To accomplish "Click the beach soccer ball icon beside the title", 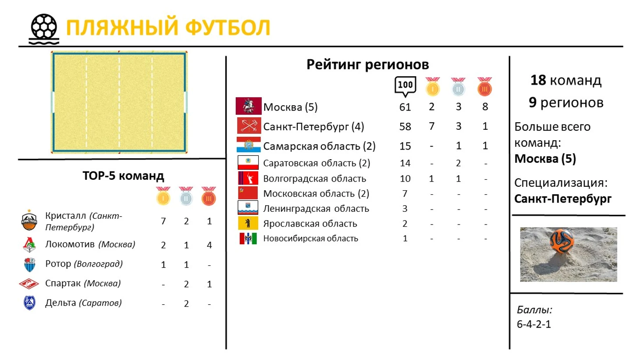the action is [44, 29].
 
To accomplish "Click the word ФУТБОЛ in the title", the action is [228, 28].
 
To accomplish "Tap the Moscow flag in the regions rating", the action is [249, 106].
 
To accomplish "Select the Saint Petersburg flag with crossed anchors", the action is [249, 125].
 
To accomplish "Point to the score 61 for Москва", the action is [405, 107].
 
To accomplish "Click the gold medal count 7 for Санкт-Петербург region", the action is [431, 126].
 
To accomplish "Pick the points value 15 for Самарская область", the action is [405, 146].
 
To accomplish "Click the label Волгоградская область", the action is [315, 178].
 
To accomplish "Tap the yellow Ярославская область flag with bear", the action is [248, 223].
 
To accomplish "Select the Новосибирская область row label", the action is [310, 238].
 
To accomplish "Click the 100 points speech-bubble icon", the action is [405, 86].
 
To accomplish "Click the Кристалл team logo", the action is [29, 220].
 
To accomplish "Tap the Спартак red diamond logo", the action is [29, 284].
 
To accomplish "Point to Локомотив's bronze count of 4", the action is [209, 245].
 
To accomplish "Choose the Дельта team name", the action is [60, 303].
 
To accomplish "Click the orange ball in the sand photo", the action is [562, 240].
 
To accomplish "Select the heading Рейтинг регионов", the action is [368, 64].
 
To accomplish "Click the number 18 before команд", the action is [538, 80].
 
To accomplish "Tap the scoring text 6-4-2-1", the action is [534, 324].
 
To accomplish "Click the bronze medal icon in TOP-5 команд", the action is [209, 196].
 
